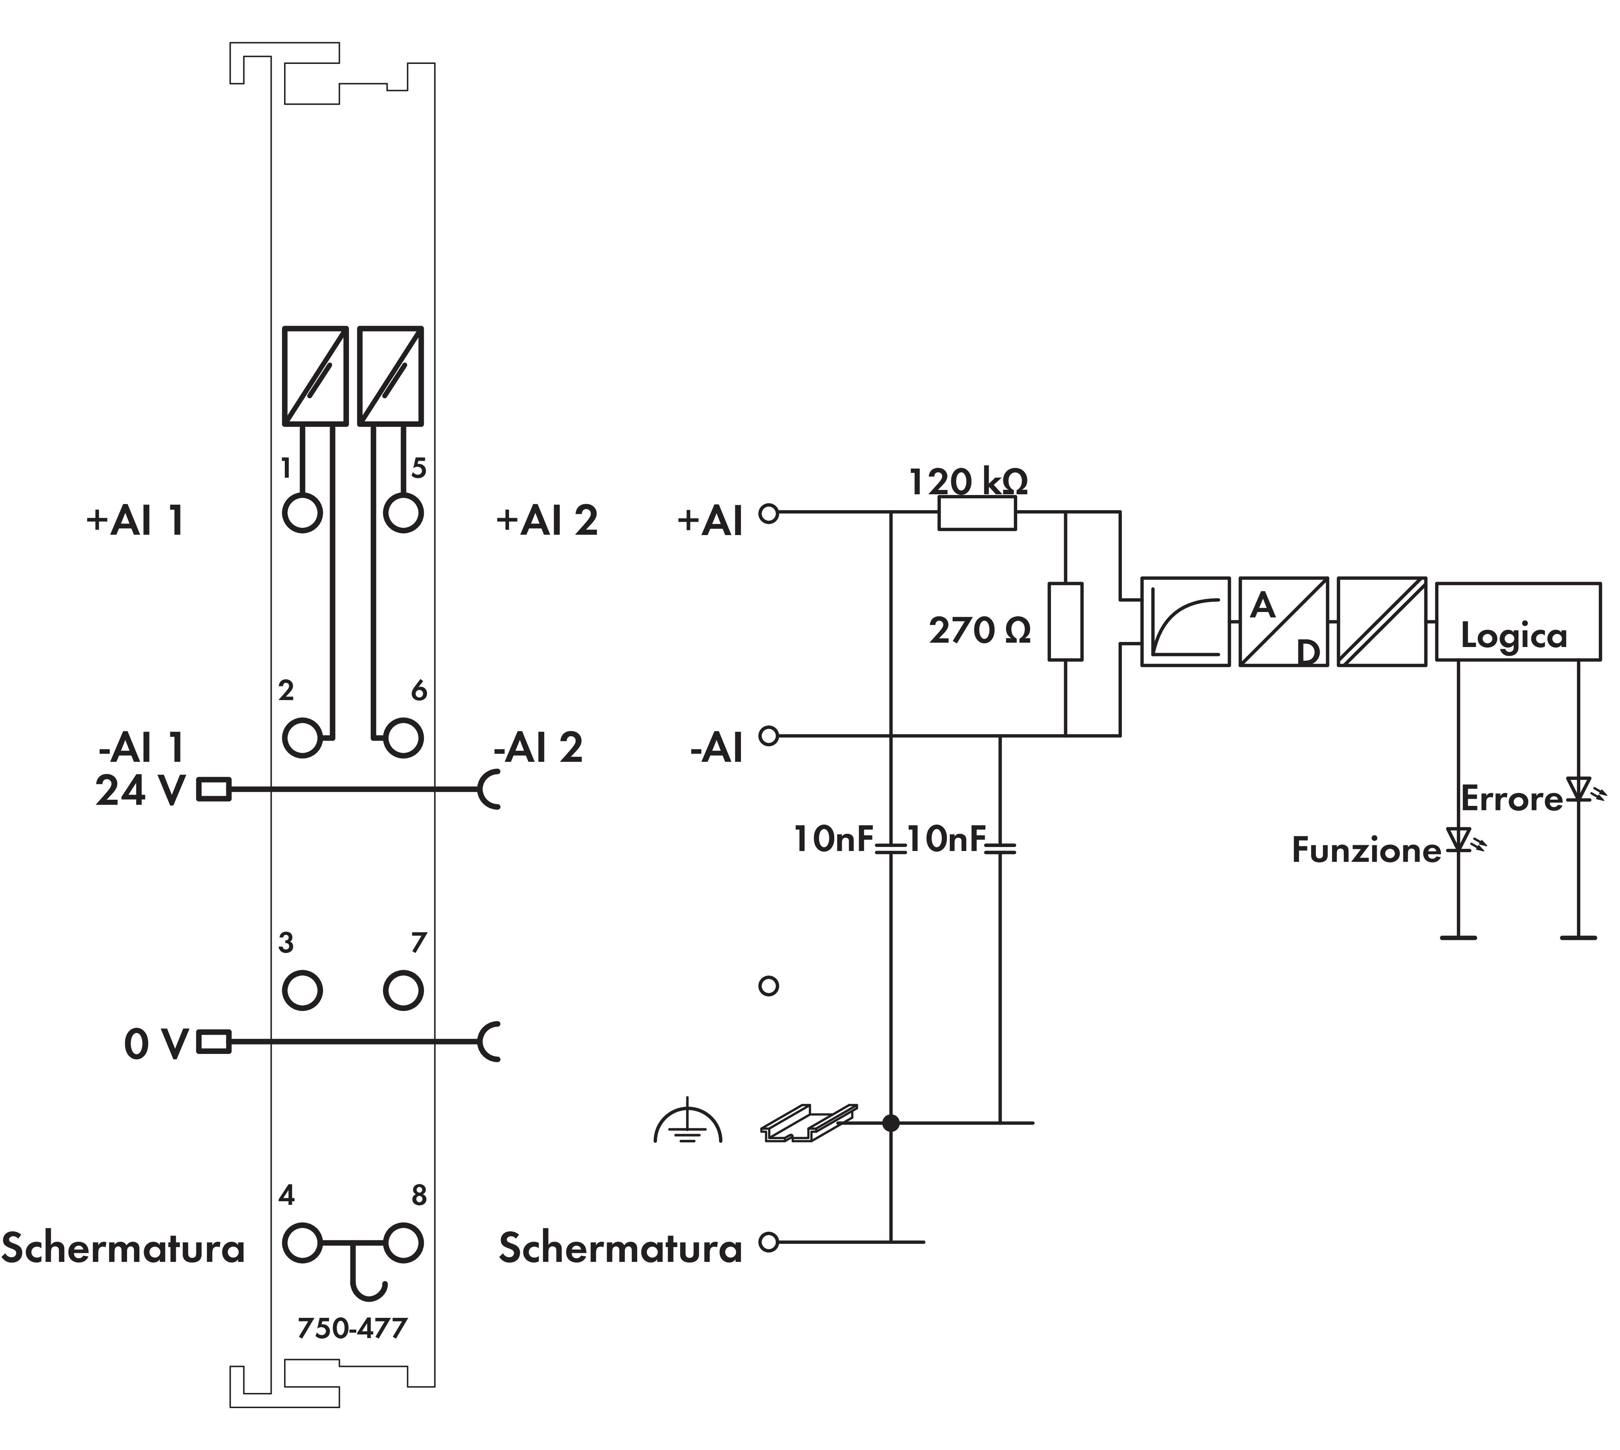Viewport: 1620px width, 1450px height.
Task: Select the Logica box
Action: pos(1517,621)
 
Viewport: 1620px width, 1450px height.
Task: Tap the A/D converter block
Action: pos(1283,621)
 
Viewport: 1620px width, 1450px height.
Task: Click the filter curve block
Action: pos(1185,621)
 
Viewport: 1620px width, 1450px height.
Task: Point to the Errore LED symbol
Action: pos(1578,789)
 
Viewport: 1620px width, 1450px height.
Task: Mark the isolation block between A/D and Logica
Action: pos(1381,621)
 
